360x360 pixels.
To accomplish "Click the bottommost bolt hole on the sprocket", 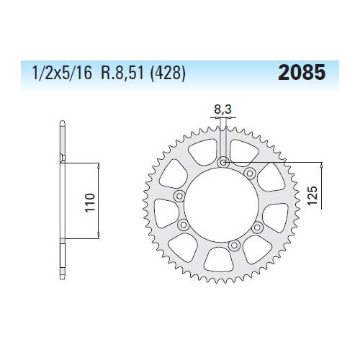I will tap(233, 246).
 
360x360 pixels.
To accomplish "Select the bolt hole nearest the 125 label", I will tap(251, 174).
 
